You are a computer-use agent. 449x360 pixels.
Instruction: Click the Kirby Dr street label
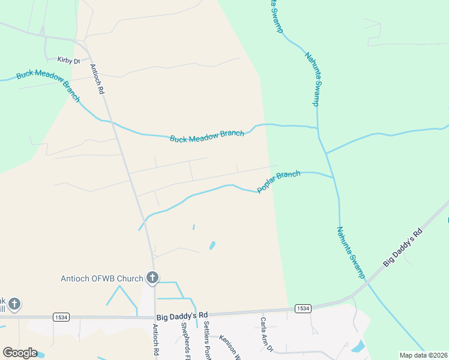pos(68,60)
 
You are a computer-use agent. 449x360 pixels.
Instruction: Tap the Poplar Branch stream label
pos(279,182)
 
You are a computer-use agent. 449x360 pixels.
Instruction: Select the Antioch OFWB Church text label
pos(102,278)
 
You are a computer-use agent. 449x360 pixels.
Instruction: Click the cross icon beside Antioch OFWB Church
pos(152,278)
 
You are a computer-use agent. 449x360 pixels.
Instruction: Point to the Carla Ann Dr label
pos(267,335)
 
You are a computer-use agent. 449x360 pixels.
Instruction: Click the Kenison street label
pos(230,346)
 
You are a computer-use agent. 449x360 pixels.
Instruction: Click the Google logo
pos(20,353)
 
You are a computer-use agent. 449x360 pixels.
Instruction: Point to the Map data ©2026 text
pos(423,355)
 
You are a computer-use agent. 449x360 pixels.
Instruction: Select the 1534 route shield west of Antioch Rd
pos(60,316)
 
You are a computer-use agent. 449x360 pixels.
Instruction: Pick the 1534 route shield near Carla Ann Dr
pos(303,308)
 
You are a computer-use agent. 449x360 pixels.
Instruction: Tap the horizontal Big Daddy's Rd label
pos(182,315)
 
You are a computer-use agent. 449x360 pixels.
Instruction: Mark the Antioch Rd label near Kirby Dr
pos(97,79)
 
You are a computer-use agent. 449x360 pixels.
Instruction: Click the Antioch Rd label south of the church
pos(155,340)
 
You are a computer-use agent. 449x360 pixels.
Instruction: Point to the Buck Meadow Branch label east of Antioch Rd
pos(206,136)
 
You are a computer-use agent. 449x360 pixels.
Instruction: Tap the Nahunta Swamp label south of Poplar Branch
pos(351,252)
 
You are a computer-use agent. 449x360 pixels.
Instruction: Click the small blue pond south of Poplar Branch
pos(212,245)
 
